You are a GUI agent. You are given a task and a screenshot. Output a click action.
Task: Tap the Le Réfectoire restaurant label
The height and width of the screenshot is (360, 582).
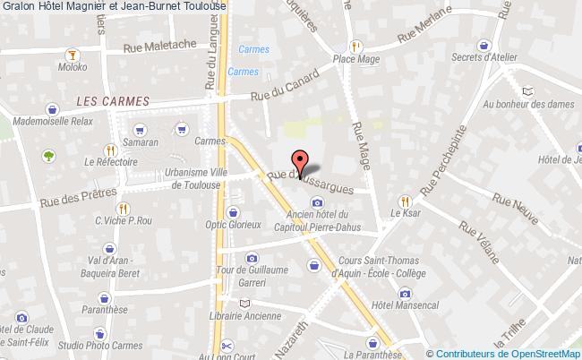(111, 162)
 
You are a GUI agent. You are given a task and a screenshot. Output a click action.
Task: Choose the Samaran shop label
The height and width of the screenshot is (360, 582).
(141, 141)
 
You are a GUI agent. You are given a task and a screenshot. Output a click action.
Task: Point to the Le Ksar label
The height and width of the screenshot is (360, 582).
(405, 214)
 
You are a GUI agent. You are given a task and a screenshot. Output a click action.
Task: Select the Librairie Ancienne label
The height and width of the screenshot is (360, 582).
(245, 315)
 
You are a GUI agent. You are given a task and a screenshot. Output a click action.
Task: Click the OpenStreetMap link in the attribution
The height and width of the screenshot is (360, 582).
(543, 353)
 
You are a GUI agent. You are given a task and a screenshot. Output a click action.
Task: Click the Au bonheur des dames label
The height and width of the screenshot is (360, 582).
(526, 104)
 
